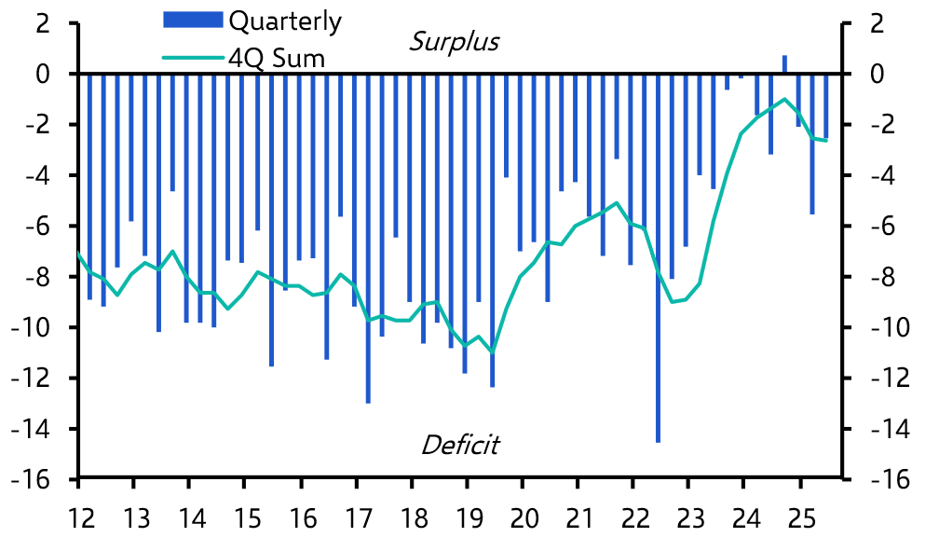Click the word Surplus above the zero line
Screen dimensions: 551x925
click(x=454, y=42)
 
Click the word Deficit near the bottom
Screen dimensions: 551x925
click(x=459, y=445)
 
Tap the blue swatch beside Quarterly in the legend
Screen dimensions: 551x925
click(x=193, y=20)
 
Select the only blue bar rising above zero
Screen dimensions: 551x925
click(x=784, y=64)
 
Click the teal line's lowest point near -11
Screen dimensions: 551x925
click(x=492, y=351)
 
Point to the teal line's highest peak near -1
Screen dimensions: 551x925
click(x=784, y=99)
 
